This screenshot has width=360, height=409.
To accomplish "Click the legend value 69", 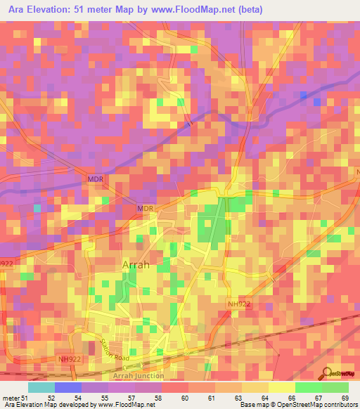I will (x=345, y=397).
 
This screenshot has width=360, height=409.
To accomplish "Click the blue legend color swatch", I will (x=67, y=387).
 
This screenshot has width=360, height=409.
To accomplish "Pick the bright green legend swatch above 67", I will (x=308, y=387).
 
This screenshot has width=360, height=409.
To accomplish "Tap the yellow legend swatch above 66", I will (x=281, y=387).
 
